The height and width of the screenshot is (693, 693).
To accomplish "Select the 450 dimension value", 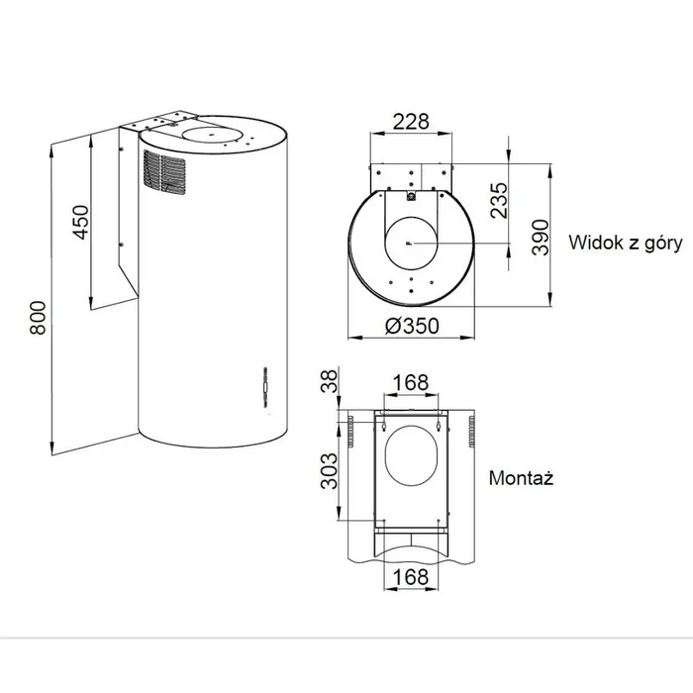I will tap(80, 223).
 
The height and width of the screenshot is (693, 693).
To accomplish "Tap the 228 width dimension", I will tap(411, 122).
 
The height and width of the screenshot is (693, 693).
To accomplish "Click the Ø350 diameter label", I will tap(411, 327).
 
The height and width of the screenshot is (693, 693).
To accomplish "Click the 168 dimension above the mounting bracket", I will tap(410, 381).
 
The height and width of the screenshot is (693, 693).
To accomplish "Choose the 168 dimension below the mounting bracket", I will tap(410, 576).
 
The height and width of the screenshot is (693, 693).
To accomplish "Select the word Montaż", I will tap(521, 477).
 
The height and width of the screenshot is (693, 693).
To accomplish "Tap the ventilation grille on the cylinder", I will tap(162, 172).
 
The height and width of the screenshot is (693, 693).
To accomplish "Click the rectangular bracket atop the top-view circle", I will tap(410, 176).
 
